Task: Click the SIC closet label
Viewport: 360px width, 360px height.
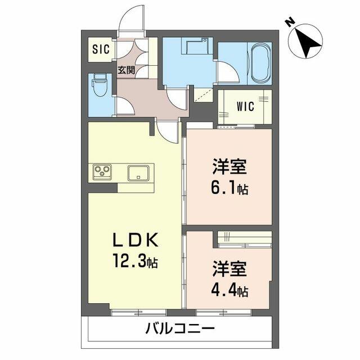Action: pyautogui.click(x=101, y=49)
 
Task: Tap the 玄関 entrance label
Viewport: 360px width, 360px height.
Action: pyautogui.click(x=126, y=70)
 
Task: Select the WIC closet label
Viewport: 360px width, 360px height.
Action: pyautogui.click(x=245, y=106)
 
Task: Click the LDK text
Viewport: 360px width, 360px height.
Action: pyautogui.click(x=135, y=240)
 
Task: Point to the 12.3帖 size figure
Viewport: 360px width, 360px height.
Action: pyautogui.click(x=135, y=260)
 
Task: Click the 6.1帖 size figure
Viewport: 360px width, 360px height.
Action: pyautogui.click(x=229, y=189)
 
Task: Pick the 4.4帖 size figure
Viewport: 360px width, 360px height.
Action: pyautogui.click(x=229, y=290)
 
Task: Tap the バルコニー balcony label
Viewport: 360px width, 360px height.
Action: pyautogui.click(x=180, y=328)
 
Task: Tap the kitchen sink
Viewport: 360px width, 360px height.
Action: pyautogui.click(x=138, y=173)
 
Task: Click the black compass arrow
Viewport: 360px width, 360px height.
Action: pyautogui.click(x=307, y=43)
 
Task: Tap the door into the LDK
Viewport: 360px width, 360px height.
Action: pyautogui.click(x=168, y=132)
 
